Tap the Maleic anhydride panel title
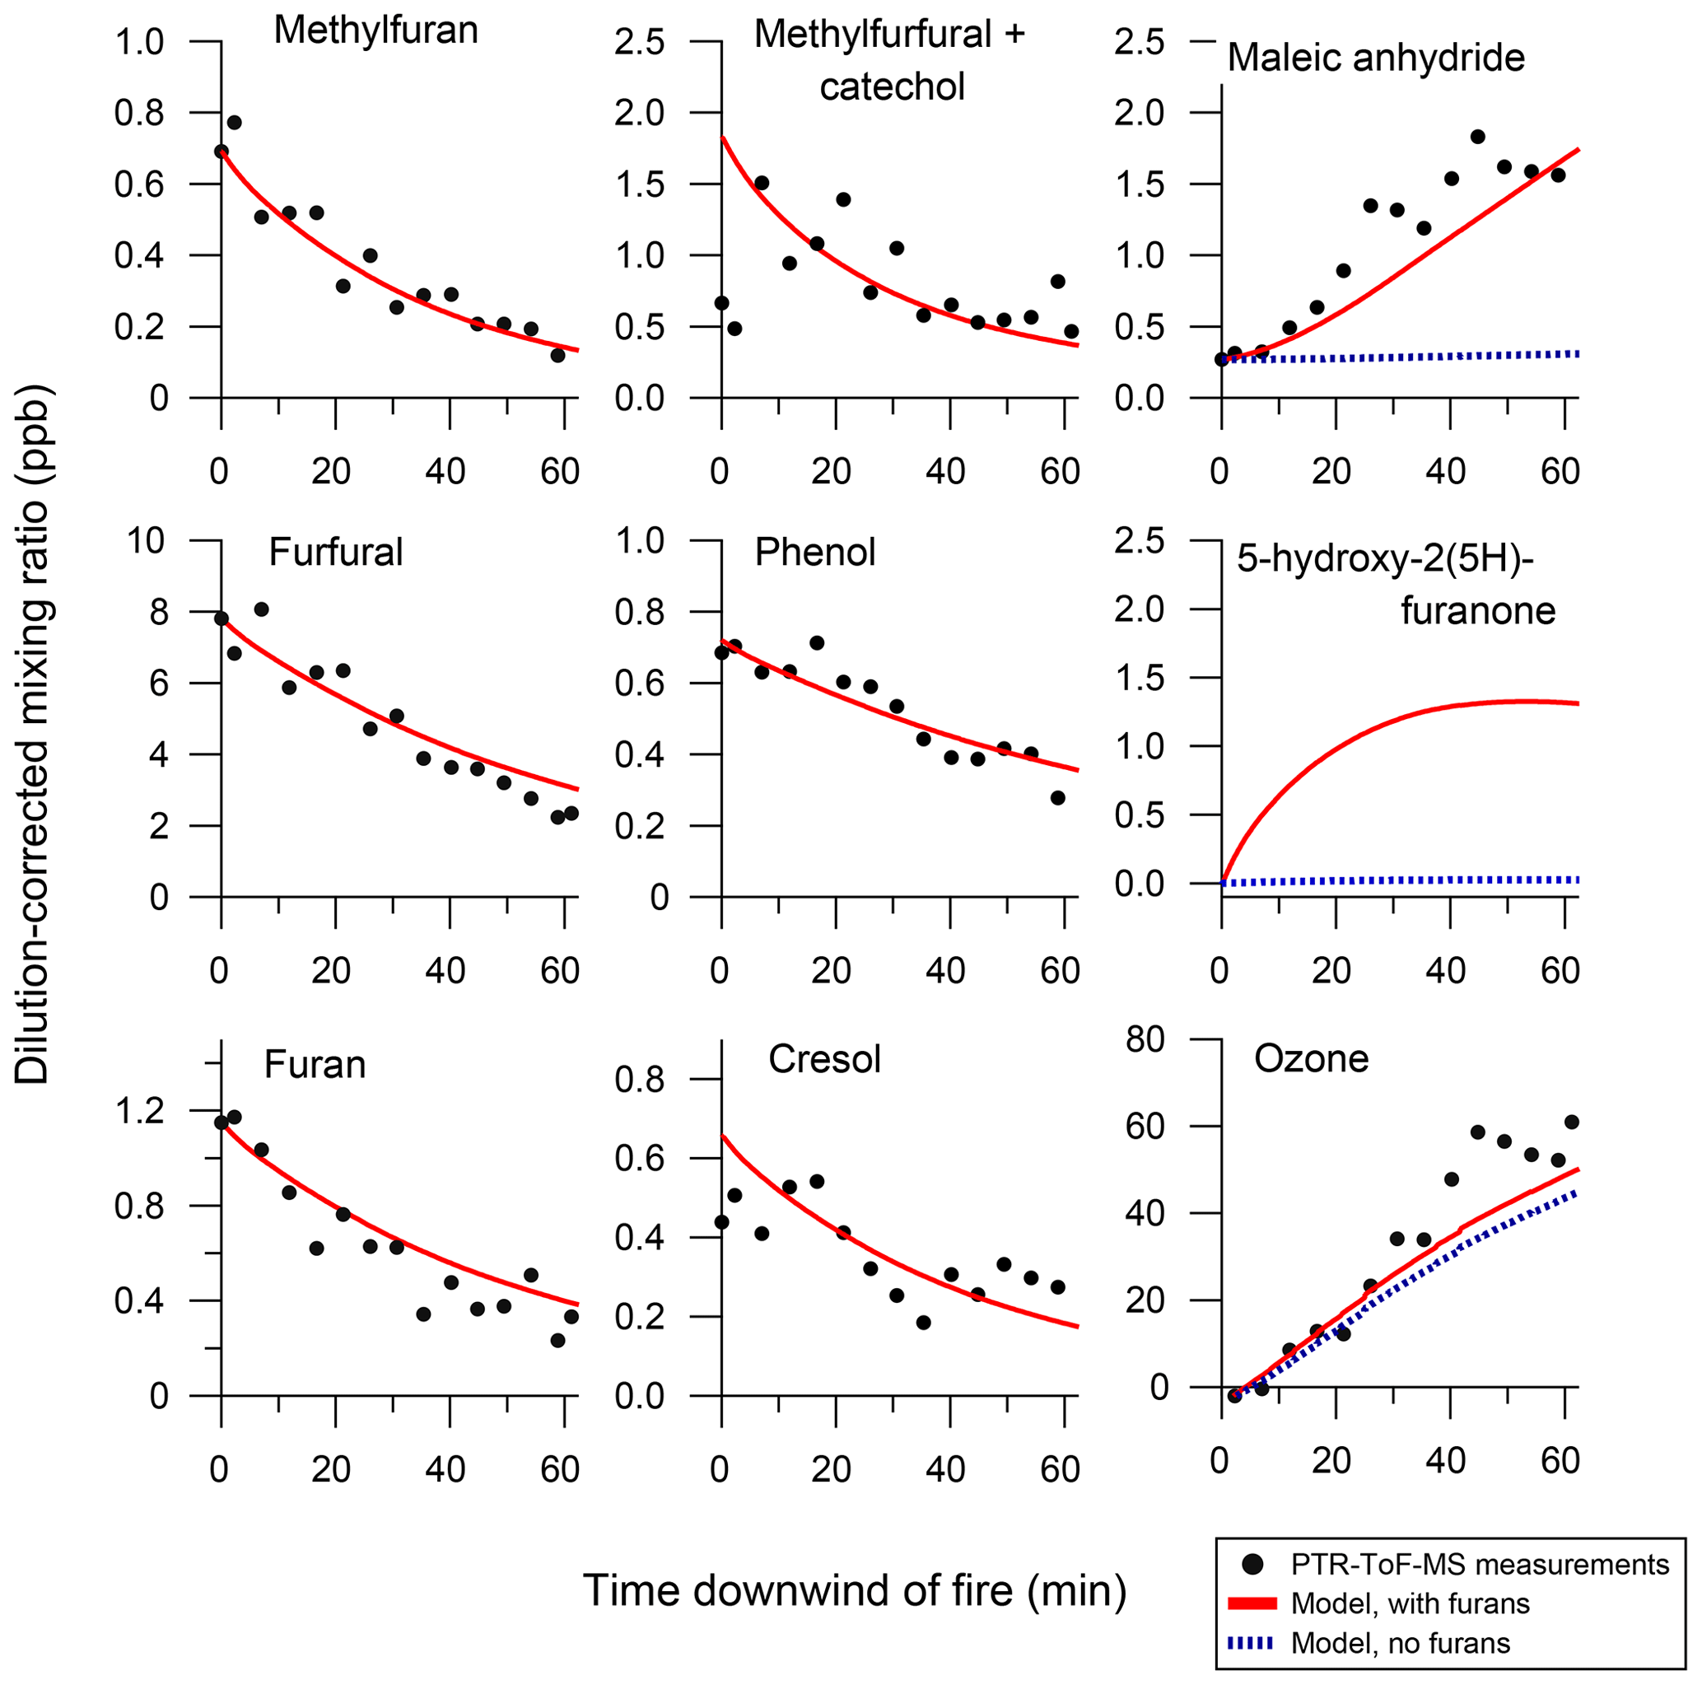coord(1375,58)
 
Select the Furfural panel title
coord(336,553)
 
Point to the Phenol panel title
coord(815,553)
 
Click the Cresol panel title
coord(823,1059)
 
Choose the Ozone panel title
coord(1311,1058)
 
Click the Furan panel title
coord(315,1065)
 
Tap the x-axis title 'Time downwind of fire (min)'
coord(855,1592)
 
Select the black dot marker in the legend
coord(1252,1564)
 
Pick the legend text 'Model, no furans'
coord(1400,1643)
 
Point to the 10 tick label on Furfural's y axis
coord(147,540)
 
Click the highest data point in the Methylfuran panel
coord(234,123)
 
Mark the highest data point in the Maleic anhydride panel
coord(1477,137)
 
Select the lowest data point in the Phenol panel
coord(1058,797)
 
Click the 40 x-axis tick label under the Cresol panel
coord(945,1469)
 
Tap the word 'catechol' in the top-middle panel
coord(892,87)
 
